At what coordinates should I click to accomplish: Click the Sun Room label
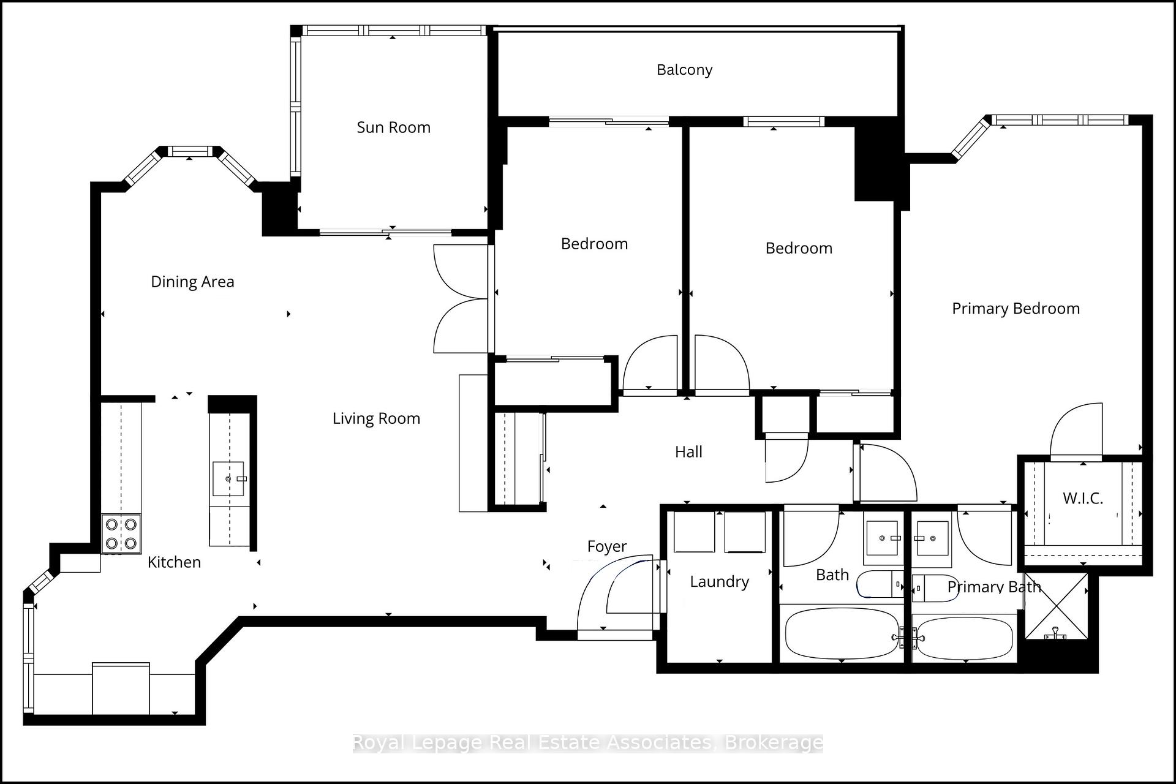point(393,127)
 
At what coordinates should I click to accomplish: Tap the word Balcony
point(684,70)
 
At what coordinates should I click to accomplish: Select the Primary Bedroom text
point(1016,309)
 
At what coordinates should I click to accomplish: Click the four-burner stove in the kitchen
point(121,533)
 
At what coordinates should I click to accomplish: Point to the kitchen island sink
point(228,478)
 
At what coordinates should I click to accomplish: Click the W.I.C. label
point(1082,499)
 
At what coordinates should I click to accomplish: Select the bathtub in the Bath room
point(842,633)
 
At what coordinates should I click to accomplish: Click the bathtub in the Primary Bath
point(965,638)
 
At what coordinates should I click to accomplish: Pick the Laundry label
point(719,582)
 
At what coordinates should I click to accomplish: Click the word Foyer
point(606,546)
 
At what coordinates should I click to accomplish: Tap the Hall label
point(688,452)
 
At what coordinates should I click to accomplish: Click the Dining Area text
point(192,282)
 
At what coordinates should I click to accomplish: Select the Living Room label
point(376,418)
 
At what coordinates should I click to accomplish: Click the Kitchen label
point(174,562)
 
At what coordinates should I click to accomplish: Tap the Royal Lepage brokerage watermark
point(587,743)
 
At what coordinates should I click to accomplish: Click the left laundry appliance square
point(694,532)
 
